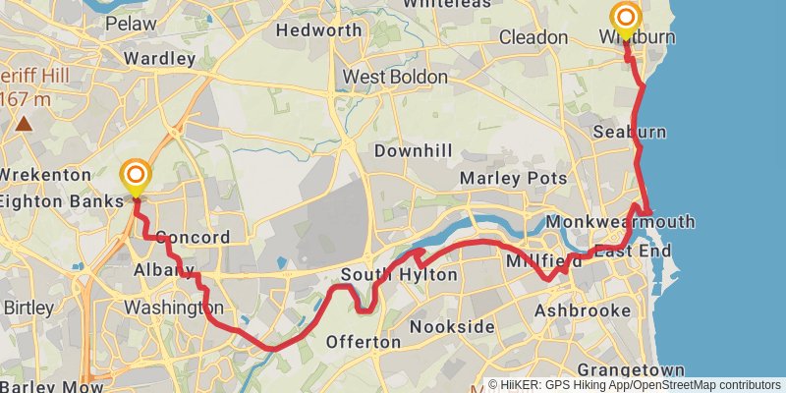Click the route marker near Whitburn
pos(625,18)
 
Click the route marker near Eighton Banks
pos(135,177)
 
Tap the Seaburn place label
pos(630,132)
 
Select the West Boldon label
pos(395,77)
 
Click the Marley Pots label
pos(514,178)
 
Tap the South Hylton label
pos(399,275)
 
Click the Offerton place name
pos(364,342)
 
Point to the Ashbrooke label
pos(582,310)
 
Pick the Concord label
pos(193,237)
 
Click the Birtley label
pos(28,308)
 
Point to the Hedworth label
pos(319,29)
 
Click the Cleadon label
pos(533,37)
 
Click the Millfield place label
pos(536,263)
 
